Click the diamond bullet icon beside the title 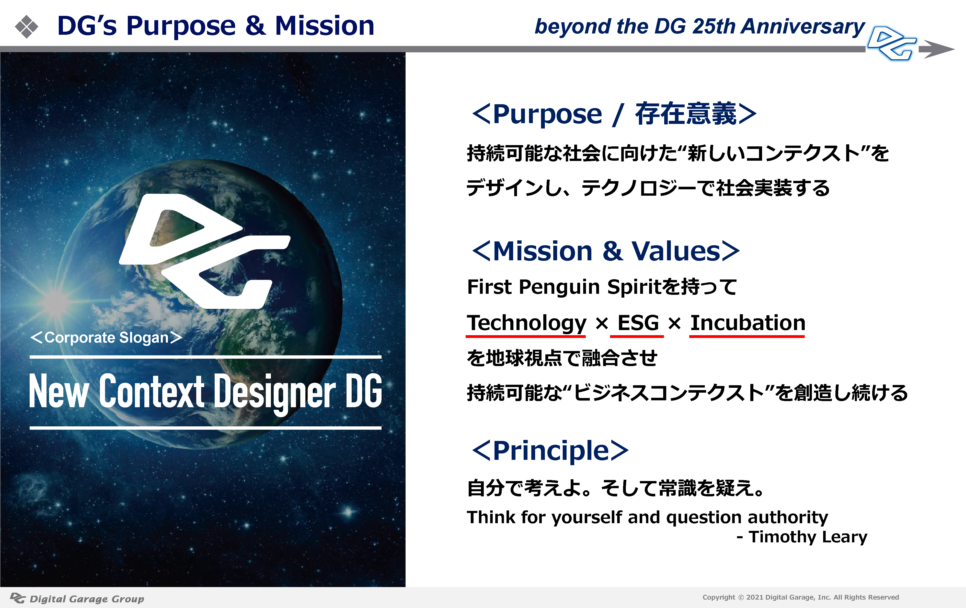click(x=27, y=27)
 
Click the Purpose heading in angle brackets click(x=614, y=114)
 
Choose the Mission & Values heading click(x=606, y=251)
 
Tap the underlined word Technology click(x=526, y=323)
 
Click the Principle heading click(x=550, y=451)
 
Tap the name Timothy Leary click(x=808, y=537)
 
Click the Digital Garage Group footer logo click(x=77, y=598)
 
